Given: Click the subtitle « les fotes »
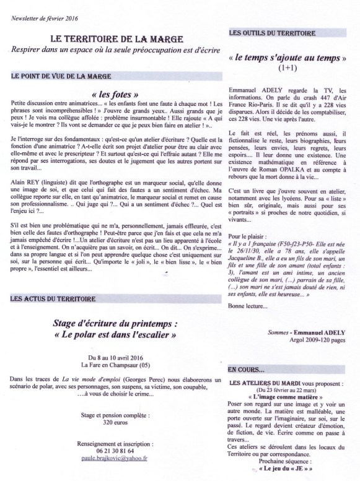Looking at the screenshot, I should [113, 94].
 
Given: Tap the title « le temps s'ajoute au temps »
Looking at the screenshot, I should [288, 58].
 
